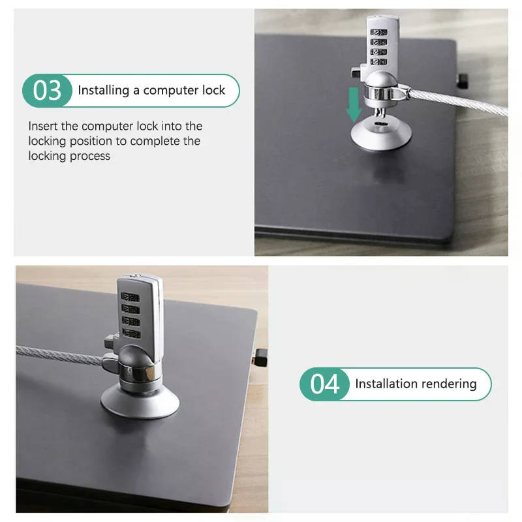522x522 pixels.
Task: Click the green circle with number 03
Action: point(47,91)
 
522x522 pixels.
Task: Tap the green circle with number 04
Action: point(324,384)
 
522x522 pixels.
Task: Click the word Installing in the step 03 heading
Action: point(104,91)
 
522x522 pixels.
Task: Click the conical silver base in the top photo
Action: point(381,134)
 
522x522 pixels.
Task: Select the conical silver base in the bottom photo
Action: point(140,401)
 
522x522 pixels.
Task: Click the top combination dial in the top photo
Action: point(379,32)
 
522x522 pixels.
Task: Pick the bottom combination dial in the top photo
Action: point(379,61)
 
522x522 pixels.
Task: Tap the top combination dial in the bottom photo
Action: point(130,297)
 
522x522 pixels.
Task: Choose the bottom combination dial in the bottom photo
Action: point(131,333)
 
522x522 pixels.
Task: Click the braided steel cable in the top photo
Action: point(459,102)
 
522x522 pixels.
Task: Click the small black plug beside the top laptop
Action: point(463,81)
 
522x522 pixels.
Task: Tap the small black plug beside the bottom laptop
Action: point(260,358)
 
